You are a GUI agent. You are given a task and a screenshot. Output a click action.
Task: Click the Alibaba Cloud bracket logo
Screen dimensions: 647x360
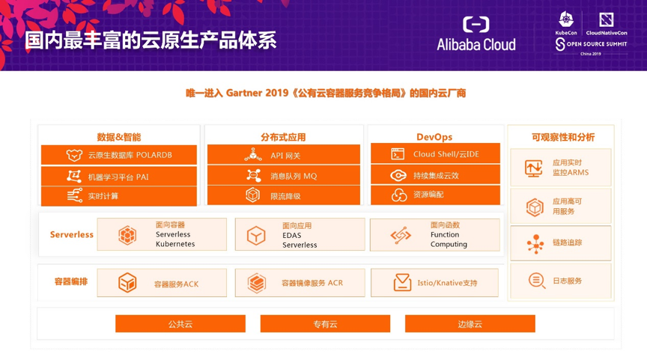point(476,25)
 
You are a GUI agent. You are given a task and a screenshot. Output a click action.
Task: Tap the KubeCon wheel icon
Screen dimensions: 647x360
point(565,19)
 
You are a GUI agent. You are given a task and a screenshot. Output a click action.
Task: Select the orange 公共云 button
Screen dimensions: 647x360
point(180,324)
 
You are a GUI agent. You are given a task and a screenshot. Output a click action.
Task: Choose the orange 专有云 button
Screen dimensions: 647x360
point(325,324)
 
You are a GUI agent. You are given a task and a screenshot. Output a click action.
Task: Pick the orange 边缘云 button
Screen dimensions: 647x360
point(470,324)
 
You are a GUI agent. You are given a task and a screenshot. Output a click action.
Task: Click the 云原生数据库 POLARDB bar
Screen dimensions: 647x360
point(119,155)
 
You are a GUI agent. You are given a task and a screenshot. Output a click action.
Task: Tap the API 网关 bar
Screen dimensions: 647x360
point(284,155)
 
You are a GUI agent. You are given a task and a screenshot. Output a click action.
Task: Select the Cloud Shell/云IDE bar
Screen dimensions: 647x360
point(435,153)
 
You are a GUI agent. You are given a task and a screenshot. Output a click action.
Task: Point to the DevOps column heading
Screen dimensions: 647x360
point(434,137)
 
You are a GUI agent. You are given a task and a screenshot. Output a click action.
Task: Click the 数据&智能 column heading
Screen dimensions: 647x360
point(119,137)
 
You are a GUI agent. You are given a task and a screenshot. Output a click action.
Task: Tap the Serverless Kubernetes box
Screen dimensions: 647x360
point(162,234)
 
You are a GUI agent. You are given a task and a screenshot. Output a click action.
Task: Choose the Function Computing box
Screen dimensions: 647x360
point(435,235)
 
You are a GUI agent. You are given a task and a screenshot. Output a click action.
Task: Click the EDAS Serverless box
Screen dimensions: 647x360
point(300,234)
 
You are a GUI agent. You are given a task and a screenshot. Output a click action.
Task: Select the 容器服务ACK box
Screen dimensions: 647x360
point(162,283)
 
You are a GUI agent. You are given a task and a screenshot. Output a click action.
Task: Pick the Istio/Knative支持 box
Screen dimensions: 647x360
point(434,283)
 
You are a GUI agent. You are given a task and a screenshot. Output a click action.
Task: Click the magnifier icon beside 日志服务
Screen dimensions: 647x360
point(537,281)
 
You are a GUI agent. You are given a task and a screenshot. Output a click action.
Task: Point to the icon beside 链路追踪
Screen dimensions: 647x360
point(535,243)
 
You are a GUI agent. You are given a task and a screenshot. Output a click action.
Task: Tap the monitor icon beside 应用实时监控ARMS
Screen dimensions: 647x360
point(533,168)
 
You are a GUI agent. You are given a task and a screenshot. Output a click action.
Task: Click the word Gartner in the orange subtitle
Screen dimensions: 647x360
point(244,94)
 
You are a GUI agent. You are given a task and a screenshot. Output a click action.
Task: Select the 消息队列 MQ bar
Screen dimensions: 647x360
point(284,175)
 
